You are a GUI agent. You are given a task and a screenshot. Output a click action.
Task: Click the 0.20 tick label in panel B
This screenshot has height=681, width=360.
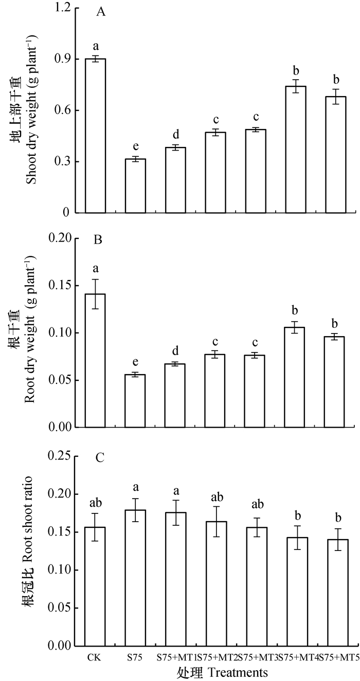point(58,238)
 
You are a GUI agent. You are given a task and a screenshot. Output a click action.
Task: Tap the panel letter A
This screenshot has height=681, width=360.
point(101,13)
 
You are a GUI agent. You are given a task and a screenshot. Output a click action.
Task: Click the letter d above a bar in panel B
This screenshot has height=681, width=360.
point(175,352)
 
